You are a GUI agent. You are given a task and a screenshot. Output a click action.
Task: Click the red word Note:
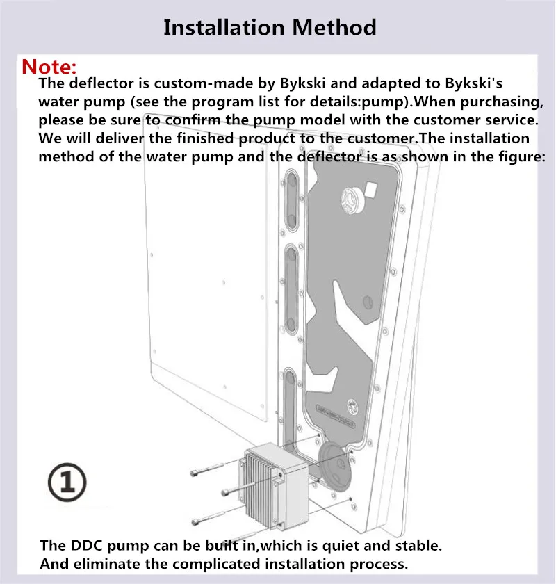point(49,67)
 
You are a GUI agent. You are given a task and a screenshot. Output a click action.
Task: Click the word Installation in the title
point(224,28)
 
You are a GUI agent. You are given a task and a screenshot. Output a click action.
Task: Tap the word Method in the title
point(334,28)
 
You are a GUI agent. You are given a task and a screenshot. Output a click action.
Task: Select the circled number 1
point(67,482)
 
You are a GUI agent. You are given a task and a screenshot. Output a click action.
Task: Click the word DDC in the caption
point(86,545)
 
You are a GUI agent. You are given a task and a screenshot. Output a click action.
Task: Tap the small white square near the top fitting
point(370,190)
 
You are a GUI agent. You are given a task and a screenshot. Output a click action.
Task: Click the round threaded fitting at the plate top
point(353,200)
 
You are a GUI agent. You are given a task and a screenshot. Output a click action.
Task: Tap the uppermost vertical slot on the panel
point(291,200)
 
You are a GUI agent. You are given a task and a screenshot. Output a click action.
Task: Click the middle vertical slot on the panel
point(291,288)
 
